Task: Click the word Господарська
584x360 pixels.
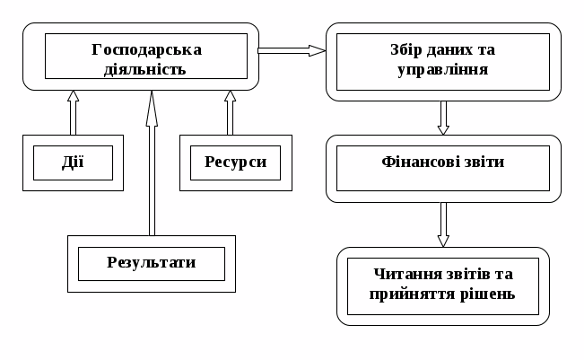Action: pos(147,48)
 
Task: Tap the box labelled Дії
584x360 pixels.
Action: pos(73,162)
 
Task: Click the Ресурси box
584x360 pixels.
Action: pos(236,162)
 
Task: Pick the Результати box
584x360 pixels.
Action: pos(151,263)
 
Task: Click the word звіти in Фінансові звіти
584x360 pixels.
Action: pos(484,162)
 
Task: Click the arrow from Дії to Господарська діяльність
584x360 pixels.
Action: pos(73,111)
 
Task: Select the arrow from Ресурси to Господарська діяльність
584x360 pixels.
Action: pos(230,111)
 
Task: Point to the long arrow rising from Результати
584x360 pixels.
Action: pos(151,162)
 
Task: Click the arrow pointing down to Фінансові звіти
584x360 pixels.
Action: pos(443,117)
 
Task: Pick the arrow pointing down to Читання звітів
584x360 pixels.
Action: pos(443,224)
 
